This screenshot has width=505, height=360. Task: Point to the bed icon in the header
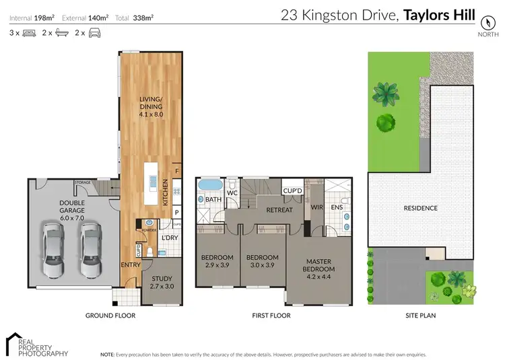[x=29, y=33]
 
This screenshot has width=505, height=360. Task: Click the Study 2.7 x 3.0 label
[x=161, y=283]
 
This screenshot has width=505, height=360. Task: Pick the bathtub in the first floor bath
[x=210, y=185]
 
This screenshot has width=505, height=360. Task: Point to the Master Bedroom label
[x=321, y=265]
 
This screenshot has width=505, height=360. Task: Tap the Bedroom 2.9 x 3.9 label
[x=217, y=261]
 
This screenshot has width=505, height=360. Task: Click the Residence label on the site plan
[x=421, y=209]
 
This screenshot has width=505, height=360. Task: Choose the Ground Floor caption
[x=110, y=316]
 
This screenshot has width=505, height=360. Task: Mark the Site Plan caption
[x=421, y=316]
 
